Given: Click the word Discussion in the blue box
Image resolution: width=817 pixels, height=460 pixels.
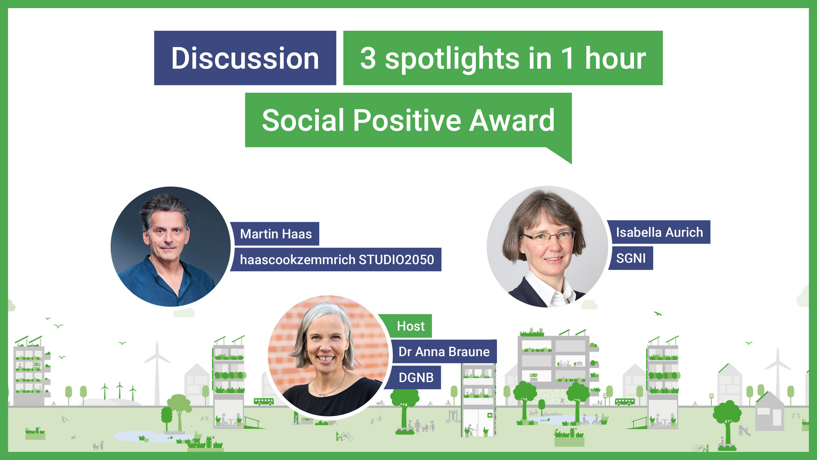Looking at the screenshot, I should [245, 58].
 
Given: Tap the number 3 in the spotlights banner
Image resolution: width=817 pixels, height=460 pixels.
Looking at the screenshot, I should [368, 58].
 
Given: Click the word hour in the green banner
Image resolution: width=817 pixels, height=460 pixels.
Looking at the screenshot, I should [615, 58].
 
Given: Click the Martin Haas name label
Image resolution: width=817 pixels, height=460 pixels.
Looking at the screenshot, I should [275, 234].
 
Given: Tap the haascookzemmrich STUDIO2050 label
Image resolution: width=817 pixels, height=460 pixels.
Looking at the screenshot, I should [336, 259].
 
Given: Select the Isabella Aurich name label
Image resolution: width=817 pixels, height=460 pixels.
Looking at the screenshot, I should [659, 232].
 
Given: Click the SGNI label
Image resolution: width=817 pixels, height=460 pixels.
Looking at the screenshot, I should [631, 258].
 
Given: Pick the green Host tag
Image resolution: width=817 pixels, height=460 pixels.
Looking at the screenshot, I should [410, 326].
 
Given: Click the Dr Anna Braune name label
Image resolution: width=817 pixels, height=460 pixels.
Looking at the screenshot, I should [443, 352].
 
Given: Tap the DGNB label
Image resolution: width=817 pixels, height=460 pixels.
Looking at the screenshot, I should [416, 377].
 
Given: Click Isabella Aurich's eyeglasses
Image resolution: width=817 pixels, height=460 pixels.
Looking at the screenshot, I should [549, 236].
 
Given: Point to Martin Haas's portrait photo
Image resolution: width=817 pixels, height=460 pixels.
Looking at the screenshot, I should [170, 247].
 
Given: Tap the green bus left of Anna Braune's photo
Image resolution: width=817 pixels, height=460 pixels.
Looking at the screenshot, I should [263, 401].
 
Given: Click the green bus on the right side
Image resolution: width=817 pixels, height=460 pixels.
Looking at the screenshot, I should [625, 401].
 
